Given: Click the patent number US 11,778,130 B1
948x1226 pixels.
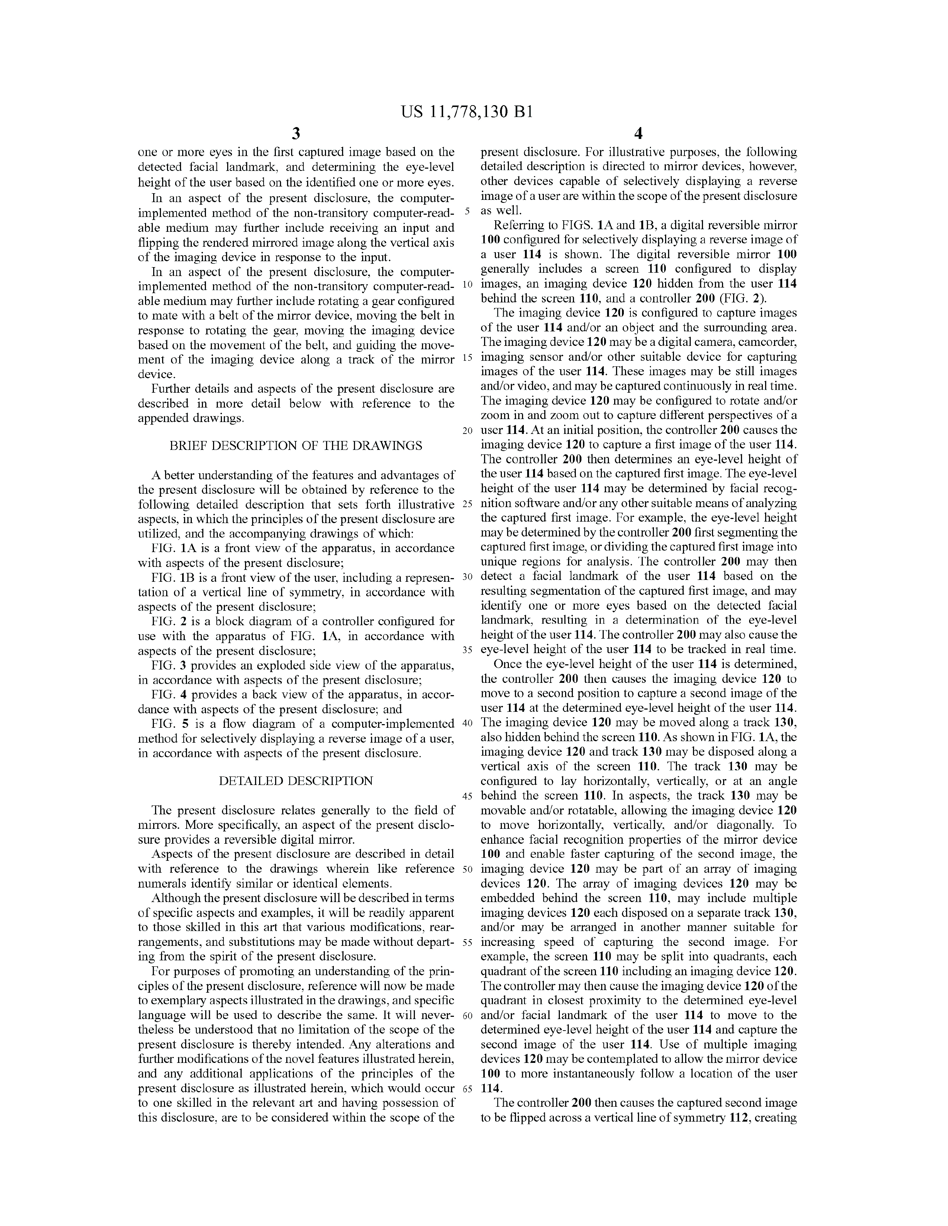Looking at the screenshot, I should point(466,112).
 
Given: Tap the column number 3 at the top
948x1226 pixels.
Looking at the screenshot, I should point(296,134).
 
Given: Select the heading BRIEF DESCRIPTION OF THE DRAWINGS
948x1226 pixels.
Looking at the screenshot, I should point(296,446).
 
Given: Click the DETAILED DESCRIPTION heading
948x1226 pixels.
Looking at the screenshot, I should point(296,781).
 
